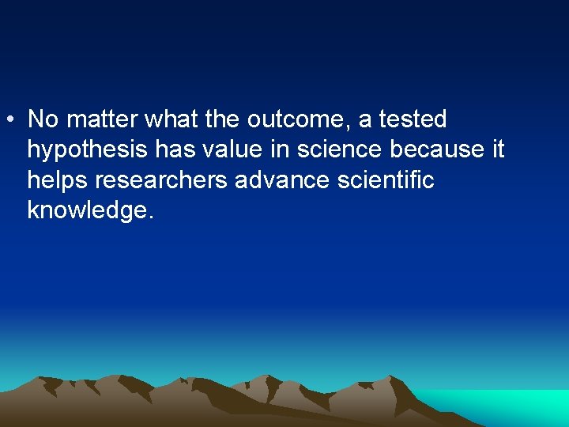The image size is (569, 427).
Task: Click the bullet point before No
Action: click(x=8, y=121)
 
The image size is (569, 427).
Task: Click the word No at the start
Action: click(x=43, y=119)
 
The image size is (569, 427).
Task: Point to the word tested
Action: click(x=413, y=119)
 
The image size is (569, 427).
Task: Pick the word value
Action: click(x=230, y=149)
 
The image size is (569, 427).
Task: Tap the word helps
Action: click(x=58, y=180)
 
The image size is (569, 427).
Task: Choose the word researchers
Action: click(x=162, y=180)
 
